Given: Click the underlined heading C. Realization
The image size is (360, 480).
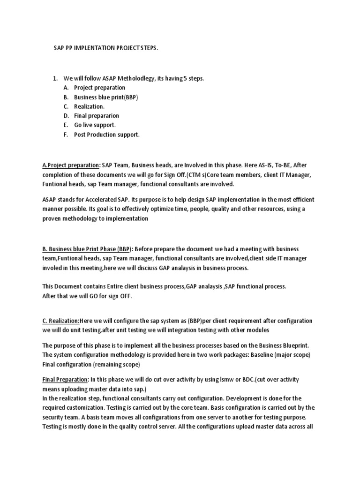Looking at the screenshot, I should (61, 321).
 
